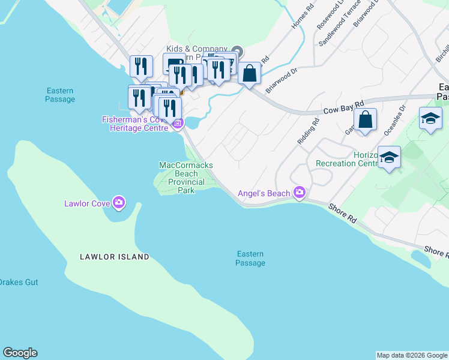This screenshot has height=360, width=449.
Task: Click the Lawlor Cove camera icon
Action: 119,203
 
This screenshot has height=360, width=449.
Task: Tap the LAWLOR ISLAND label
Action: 114,257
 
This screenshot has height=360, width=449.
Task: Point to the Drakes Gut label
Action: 18,282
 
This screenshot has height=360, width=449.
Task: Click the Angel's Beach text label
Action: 264,193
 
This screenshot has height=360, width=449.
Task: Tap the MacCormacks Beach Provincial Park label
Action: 185,178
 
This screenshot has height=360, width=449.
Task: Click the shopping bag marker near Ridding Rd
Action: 365,119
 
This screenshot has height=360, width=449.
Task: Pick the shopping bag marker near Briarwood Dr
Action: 250,74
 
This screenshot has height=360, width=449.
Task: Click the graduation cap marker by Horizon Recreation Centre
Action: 390,158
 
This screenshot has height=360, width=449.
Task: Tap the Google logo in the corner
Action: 20,353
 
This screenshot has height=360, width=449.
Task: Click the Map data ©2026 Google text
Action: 412,355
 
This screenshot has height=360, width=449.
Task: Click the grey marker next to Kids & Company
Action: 237,52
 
